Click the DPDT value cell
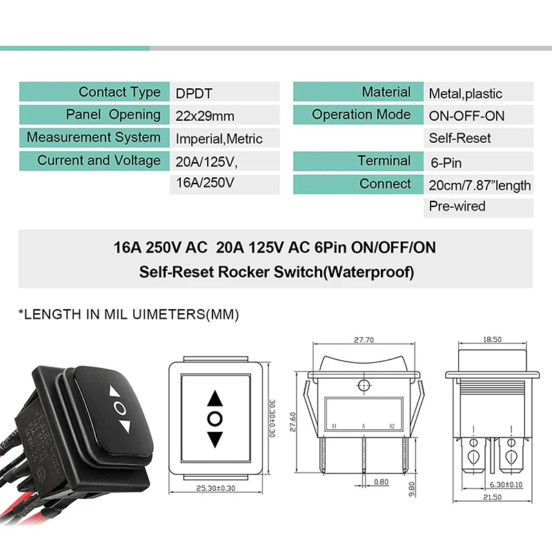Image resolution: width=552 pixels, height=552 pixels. [x=224, y=92]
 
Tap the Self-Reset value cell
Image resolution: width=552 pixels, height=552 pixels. [x=478, y=138]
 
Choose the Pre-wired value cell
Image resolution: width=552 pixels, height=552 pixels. [x=478, y=206]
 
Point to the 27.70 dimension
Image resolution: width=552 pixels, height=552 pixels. [x=363, y=340]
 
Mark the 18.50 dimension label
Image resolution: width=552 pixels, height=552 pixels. [x=492, y=340]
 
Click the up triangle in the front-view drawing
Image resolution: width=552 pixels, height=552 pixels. [x=215, y=399]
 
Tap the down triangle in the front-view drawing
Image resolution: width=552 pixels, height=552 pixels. [x=215, y=439]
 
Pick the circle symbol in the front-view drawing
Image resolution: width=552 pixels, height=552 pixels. [x=215, y=419]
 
